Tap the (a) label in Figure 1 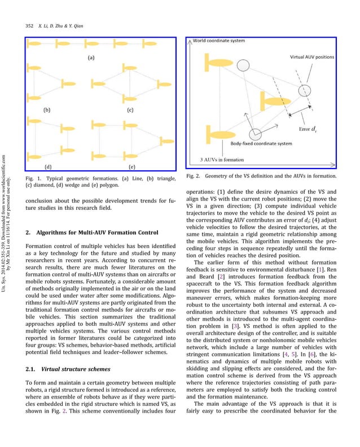(x=90, y=57)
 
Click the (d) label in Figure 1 (x=50, y=166)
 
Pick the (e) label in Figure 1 (x=131, y=166)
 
